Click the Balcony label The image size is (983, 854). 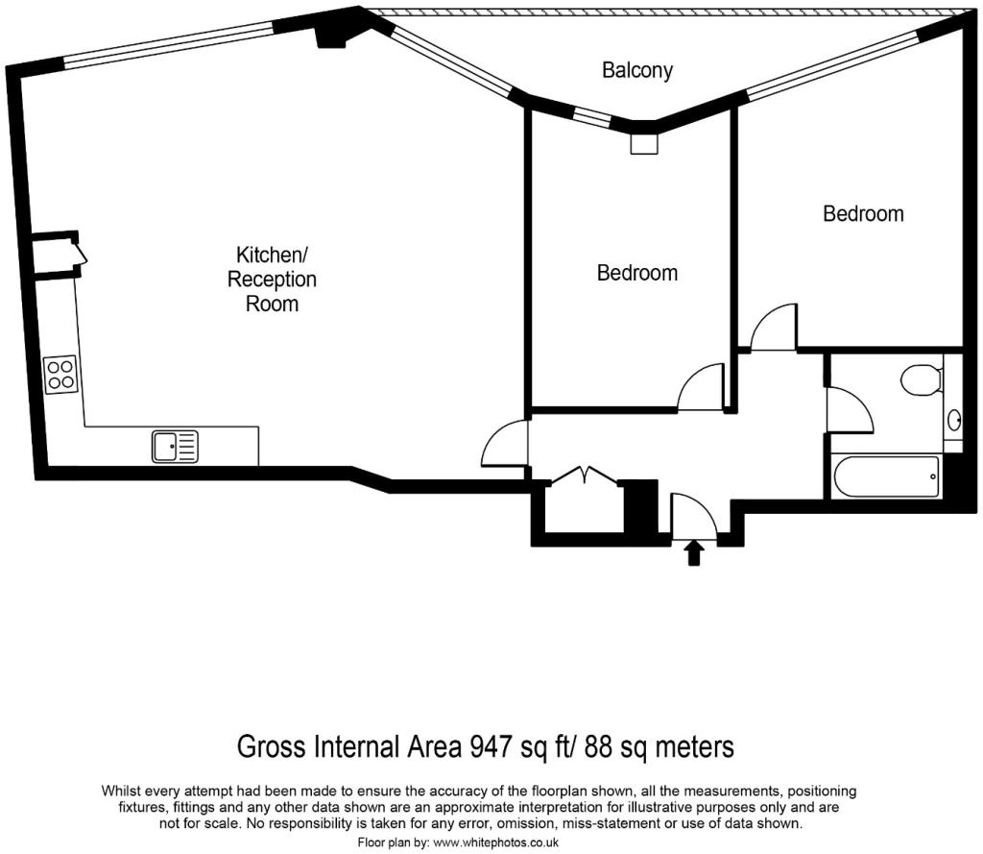(x=637, y=70)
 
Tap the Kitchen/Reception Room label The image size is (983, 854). (x=272, y=280)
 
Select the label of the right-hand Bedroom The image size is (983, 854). (x=863, y=213)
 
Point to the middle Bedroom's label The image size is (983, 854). (x=637, y=273)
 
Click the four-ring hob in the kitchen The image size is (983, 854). (x=60, y=373)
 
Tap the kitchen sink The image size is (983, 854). (x=175, y=447)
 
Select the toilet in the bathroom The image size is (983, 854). (x=922, y=379)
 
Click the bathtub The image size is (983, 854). (x=884, y=476)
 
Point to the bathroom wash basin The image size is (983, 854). (x=954, y=420)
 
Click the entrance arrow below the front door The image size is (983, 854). (x=694, y=552)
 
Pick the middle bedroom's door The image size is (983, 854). (x=701, y=388)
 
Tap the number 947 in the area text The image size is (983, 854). (x=491, y=746)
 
